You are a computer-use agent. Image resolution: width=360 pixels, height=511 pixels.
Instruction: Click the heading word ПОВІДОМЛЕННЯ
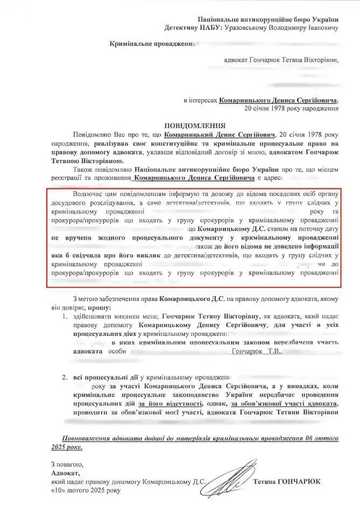pyautogui.click(x=180, y=123)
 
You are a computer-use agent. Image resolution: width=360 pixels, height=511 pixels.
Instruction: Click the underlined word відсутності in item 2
pyautogui.click(x=181, y=403)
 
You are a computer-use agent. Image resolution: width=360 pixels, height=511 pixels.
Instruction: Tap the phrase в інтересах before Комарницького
pyautogui.click(x=201, y=100)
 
